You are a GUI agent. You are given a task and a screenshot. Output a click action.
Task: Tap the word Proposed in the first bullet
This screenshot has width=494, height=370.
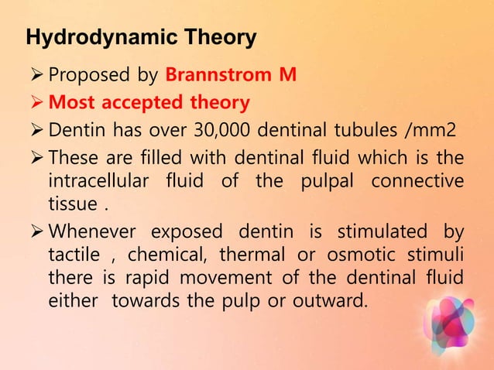pos(87,76)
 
